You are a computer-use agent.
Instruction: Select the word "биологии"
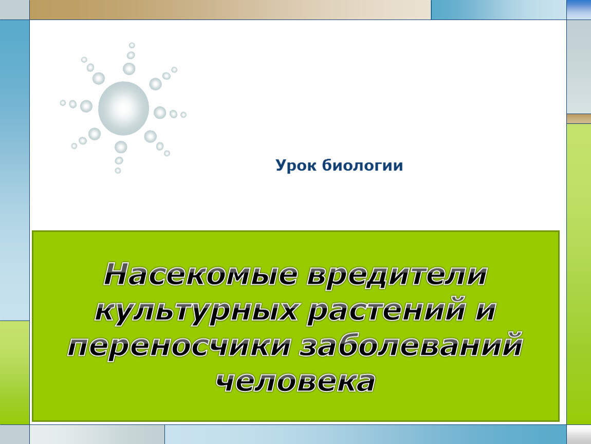pyautogui.click(x=363, y=165)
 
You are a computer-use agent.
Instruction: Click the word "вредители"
pyautogui.click(x=397, y=275)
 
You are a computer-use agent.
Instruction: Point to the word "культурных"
pyautogui.click(x=196, y=311)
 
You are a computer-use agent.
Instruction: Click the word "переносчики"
pyautogui.click(x=179, y=346)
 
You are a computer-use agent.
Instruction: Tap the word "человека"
pyautogui.click(x=295, y=382)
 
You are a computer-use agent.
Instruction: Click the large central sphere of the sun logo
pyautogui.click(x=124, y=108)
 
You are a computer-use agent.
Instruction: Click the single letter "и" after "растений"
pyautogui.click(x=486, y=311)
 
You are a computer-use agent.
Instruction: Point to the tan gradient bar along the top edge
pyautogui.click(x=230, y=10)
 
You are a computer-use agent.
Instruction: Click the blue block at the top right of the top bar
pyautogui.click(x=498, y=10)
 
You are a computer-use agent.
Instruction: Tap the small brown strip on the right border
pyautogui.click(x=579, y=119)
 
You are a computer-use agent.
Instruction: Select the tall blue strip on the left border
pyautogui.click(x=15, y=170)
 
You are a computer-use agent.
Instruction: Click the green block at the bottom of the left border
pyautogui.click(x=15, y=373)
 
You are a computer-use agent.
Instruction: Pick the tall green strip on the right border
pyautogui.click(x=579, y=274)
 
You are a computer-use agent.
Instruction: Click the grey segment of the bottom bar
pyautogui.click(x=97, y=435)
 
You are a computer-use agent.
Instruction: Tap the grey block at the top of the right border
pyautogui.click(x=579, y=67)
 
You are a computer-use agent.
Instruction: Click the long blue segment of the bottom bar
pyautogui.click(x=365, y=435)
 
